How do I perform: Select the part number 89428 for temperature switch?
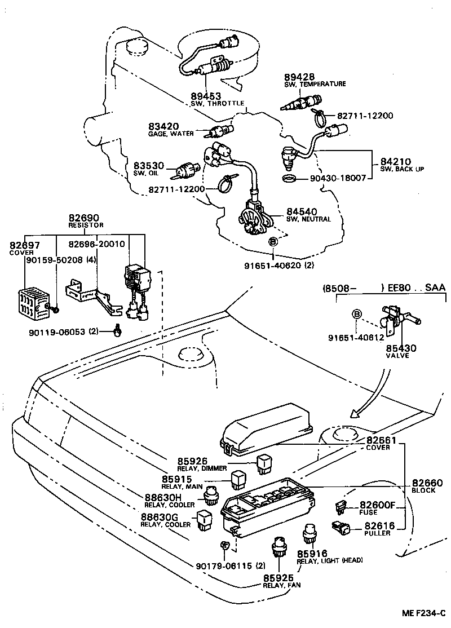point(299,77)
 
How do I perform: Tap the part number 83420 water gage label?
point(148,127)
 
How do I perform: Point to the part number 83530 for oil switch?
point(148,166)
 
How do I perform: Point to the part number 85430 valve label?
point(401,348)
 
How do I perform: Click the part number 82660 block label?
point(427,483)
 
